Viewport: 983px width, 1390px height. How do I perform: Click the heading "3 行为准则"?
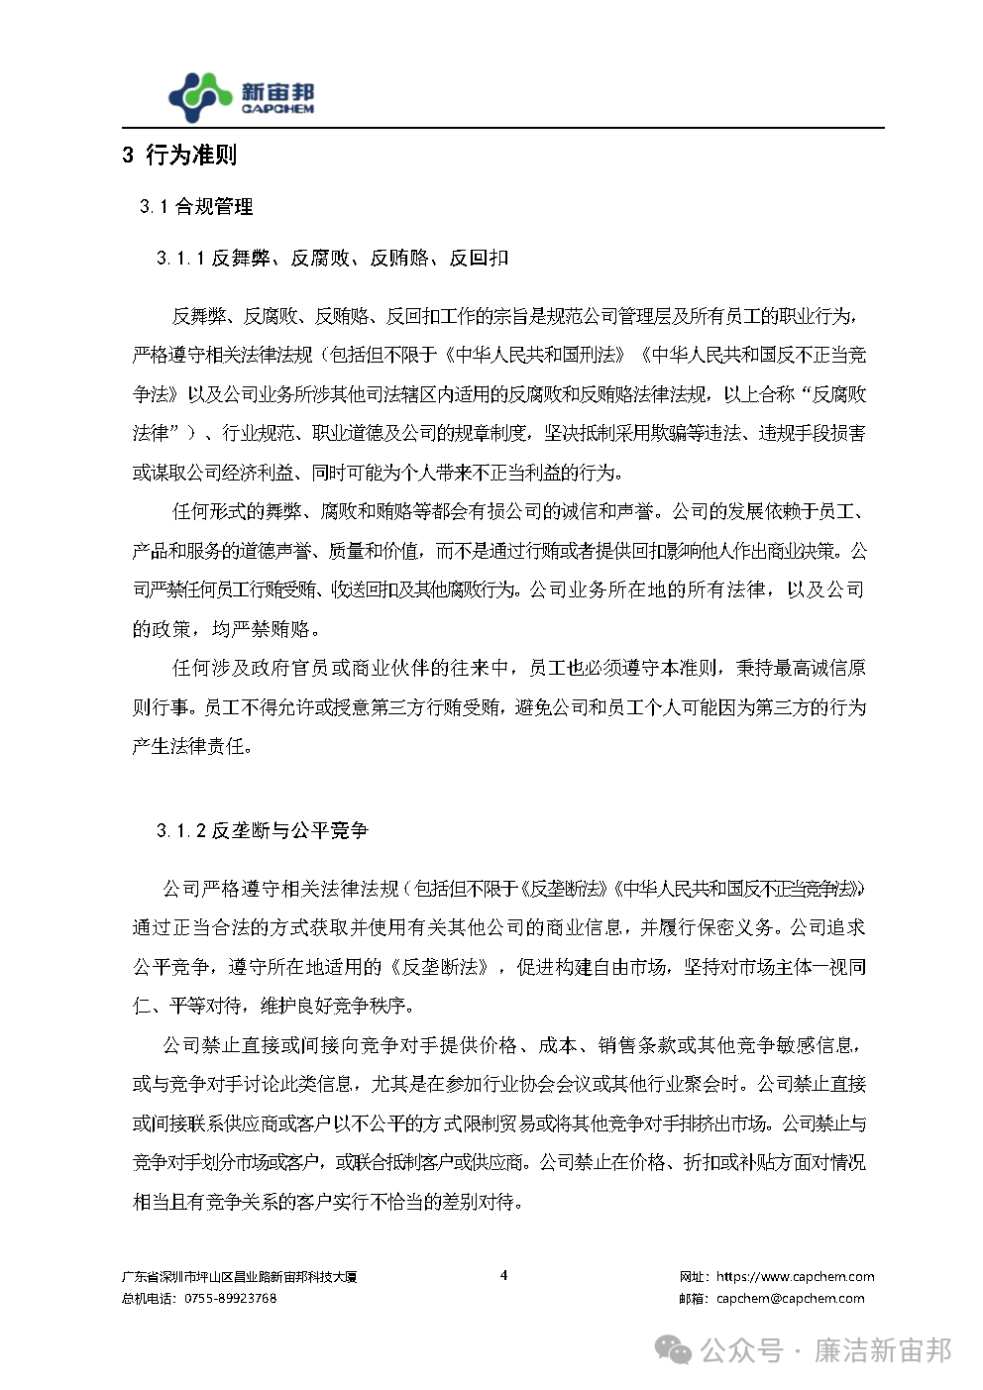coord(179,156)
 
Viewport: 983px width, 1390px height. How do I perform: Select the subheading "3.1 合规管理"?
coord(196,207)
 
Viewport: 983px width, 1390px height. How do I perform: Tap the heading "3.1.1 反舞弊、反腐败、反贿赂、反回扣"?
coord(332,259)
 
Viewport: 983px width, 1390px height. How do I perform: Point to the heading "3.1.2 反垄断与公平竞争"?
coord(262,830)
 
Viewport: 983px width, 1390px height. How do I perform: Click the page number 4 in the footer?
coord(503,1275)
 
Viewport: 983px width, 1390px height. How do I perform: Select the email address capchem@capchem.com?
coord(790,1298)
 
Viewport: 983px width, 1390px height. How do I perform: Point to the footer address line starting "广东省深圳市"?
coord(239,1277)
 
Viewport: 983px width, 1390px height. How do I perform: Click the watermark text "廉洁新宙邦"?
coord(882,1350)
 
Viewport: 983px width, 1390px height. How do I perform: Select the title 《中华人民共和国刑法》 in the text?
coord(535,355)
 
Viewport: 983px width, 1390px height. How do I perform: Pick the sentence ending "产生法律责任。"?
coord(192,746)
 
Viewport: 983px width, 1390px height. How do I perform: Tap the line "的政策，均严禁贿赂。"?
coord(226,629)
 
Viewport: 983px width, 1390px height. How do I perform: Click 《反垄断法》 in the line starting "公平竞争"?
coord(440,967)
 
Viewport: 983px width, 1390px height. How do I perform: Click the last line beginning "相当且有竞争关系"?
coord(327,1202)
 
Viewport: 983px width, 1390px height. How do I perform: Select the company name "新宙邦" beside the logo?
coord(277,91)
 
